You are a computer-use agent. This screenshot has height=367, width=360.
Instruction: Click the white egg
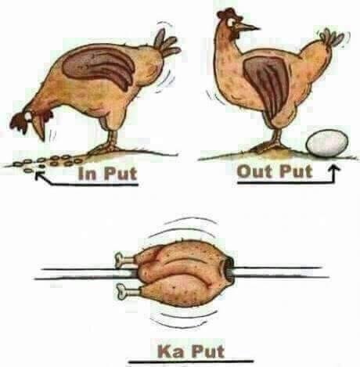327,143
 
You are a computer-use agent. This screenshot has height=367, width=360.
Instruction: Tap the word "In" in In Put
86,173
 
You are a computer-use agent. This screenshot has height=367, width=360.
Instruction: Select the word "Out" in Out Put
254,171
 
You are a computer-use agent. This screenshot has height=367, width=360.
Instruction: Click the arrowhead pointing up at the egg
333,169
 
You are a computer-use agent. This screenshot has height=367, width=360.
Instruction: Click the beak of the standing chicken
248,27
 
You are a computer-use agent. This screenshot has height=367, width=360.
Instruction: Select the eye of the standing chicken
232,23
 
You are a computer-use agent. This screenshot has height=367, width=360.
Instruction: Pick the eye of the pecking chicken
28,117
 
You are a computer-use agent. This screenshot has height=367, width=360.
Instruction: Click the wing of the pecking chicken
99,67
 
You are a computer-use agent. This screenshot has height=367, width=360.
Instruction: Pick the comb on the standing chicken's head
226,13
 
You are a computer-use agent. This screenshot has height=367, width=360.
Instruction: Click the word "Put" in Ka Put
207,351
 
